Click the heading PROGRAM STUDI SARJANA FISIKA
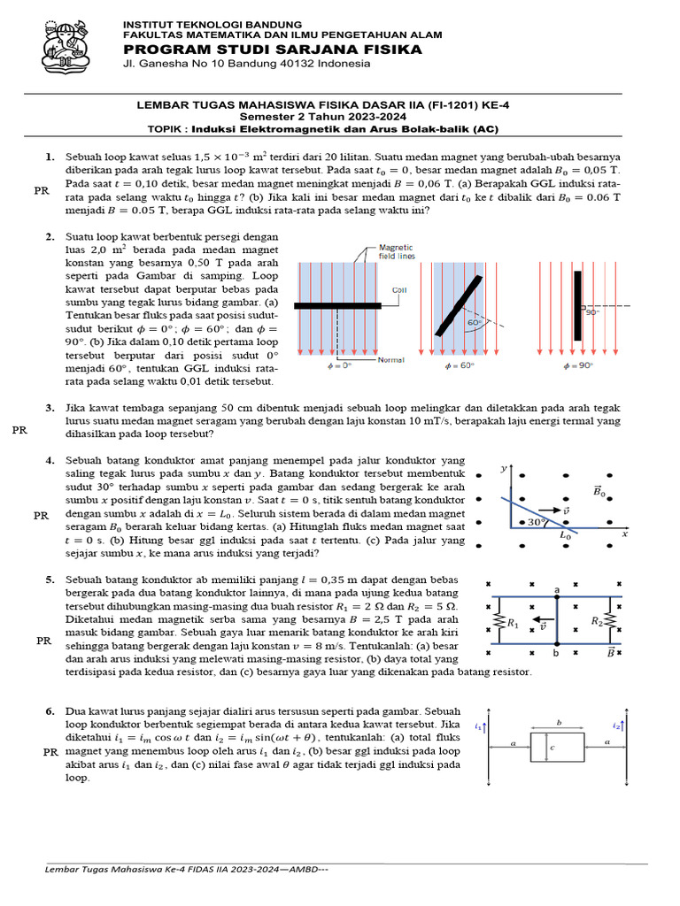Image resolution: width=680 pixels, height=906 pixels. (272, 50)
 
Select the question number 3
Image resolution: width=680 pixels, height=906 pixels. (50, 408)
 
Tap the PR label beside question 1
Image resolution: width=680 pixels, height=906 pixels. (41, 189)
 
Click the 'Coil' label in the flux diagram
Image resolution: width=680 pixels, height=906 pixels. (398, 289)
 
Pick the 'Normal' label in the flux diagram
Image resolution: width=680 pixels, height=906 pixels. (390, 360)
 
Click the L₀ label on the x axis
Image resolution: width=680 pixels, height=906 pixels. (565, 535)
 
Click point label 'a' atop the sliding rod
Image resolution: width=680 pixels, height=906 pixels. (557, 588)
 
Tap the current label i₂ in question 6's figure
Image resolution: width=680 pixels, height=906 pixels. (616, 726)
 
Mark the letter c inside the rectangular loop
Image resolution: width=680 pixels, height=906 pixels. (552, 749)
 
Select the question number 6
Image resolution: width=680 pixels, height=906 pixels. (50, 710)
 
